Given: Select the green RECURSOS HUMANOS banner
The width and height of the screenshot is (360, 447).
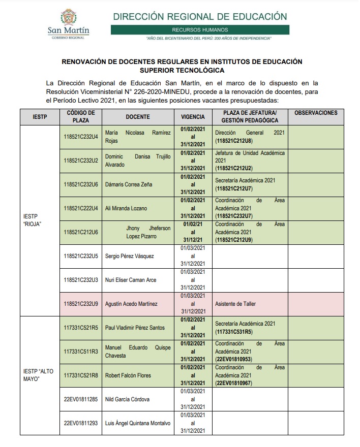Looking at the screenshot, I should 200,30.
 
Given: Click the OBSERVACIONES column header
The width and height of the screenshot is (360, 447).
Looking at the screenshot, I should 316,112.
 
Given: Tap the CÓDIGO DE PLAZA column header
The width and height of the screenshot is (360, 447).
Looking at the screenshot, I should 81,116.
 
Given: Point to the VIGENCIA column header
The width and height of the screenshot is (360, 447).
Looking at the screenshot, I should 193,116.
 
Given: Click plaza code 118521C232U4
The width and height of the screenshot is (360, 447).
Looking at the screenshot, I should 81,137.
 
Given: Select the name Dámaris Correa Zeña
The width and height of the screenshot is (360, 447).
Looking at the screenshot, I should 128,184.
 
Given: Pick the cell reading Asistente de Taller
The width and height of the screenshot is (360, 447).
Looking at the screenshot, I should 235,304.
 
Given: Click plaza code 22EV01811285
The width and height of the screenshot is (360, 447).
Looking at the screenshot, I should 81,399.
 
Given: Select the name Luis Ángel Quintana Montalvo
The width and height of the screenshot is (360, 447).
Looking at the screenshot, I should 137,423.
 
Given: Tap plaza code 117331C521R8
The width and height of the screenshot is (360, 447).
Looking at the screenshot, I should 81,375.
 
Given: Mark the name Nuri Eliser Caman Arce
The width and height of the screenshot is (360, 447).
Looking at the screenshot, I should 130,280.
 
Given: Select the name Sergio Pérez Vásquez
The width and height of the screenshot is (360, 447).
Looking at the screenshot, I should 129,256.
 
